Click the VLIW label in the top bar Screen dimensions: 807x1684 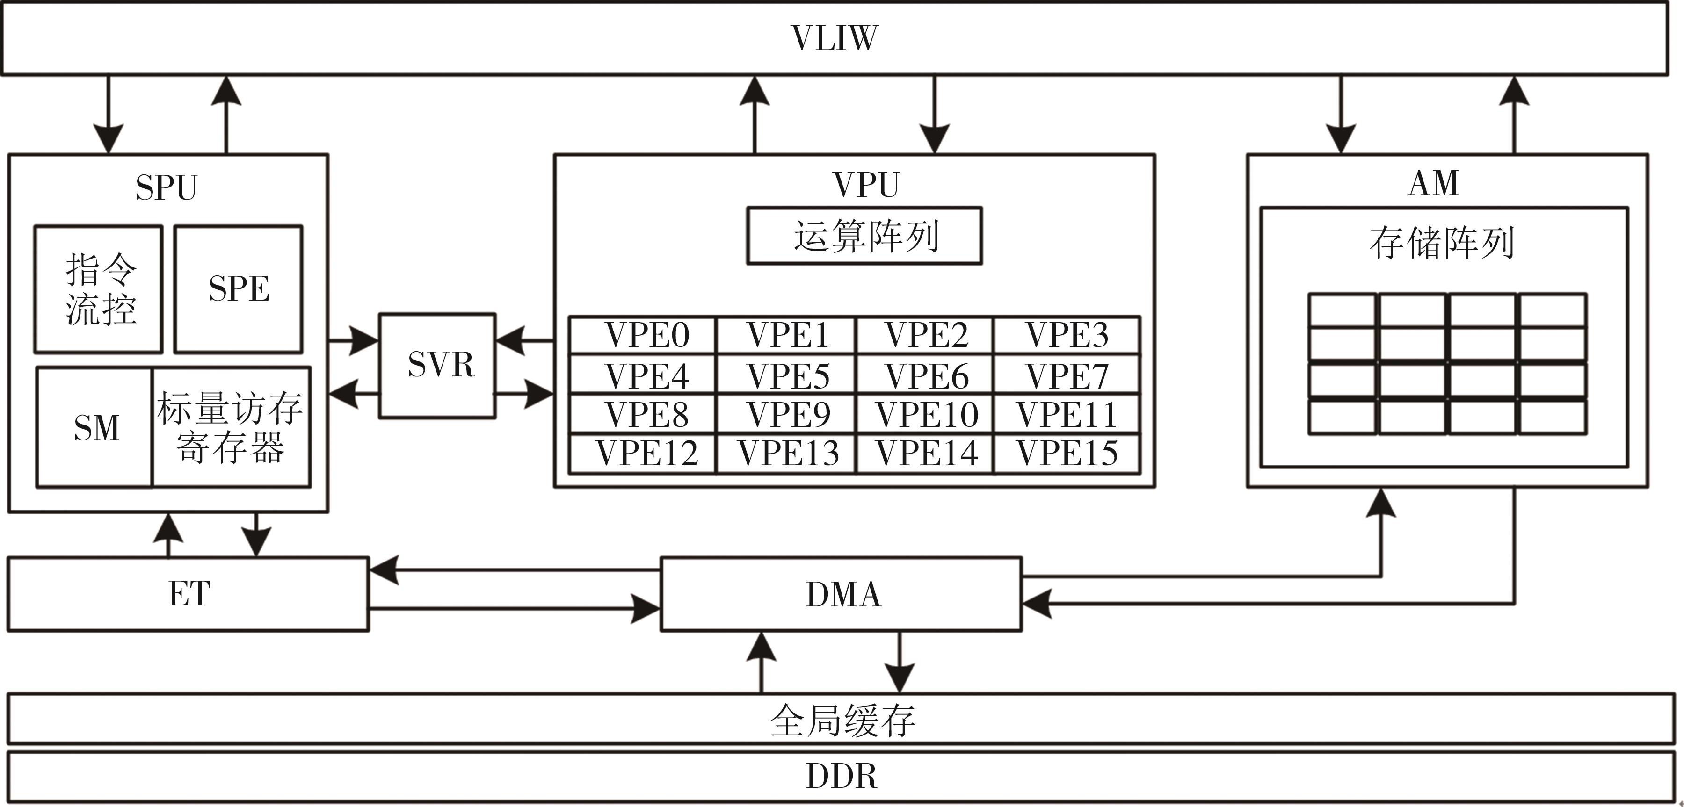[x=835, y=38]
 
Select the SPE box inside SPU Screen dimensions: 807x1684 [x=239, y=289]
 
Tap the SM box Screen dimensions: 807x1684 [x=96, y=428]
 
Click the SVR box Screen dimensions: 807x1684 [x=438, y=365]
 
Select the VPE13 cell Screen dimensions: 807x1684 [x=788, y=454]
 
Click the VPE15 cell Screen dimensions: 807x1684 [x=1067, y=454]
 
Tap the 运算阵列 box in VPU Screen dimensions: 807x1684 [x=864, y=236]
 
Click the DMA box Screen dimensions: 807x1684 [x=842, y=594]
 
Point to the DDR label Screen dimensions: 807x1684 [x=842, y=776]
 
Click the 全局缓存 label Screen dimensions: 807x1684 [x=842, y=720]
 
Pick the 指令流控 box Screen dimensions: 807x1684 [x=99, y=289]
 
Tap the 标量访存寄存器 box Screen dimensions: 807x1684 [x=230, y=428]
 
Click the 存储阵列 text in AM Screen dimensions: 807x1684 [x=1442, y=243]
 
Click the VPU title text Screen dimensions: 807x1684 [x=865, y=185]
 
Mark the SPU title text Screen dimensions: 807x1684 [x=166, y=187]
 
